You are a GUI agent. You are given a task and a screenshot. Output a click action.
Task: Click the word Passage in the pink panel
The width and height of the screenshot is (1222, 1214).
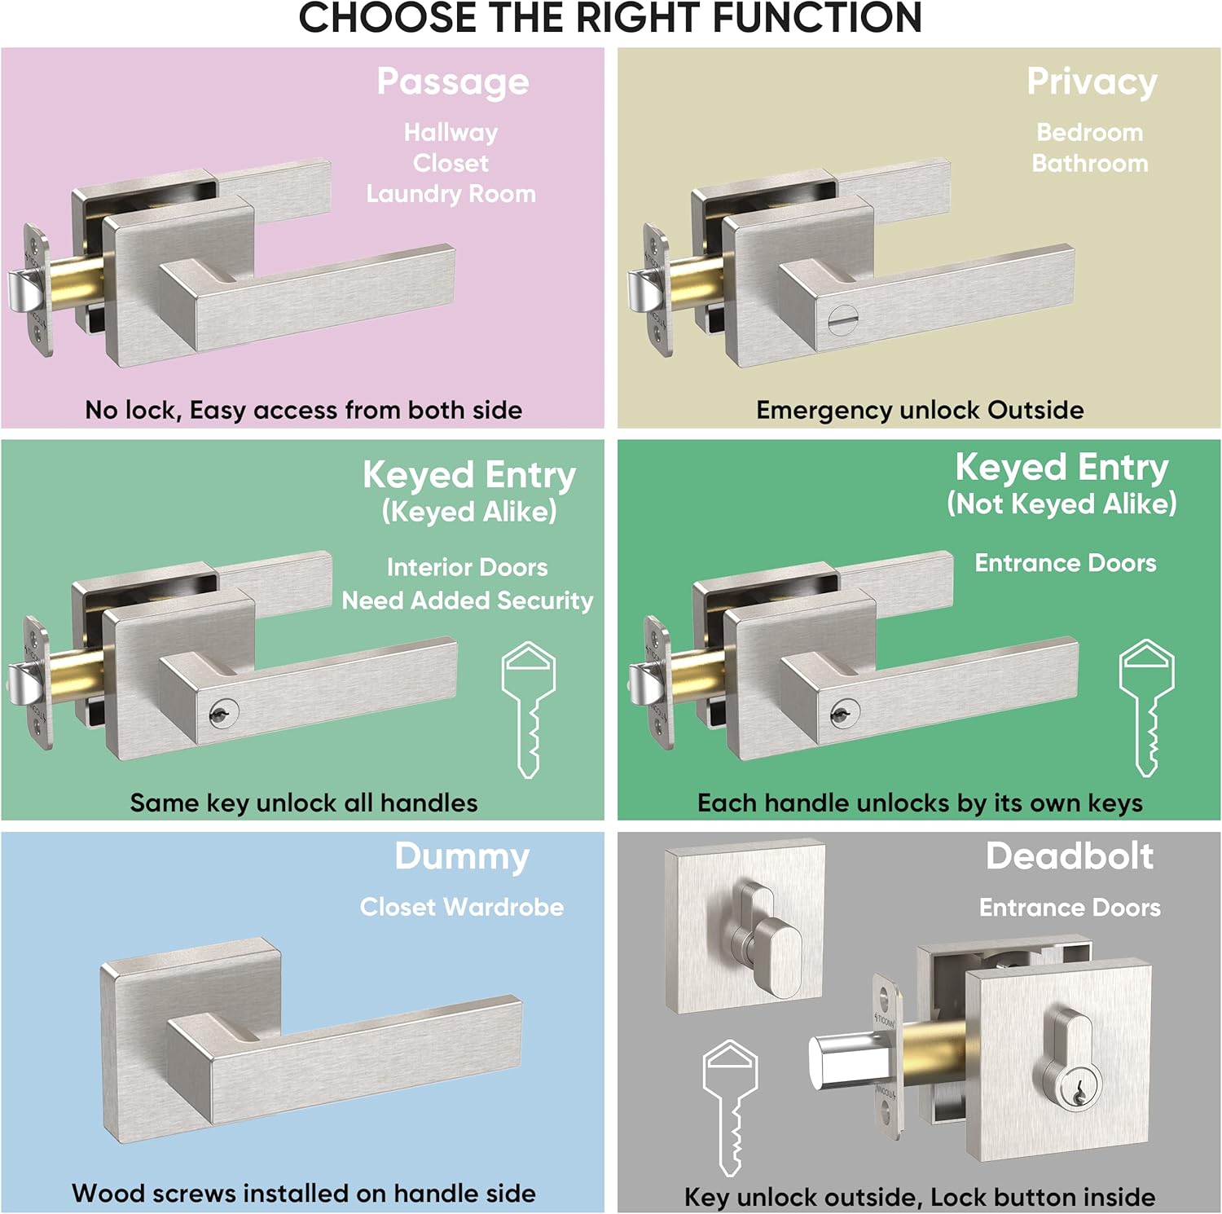pyautogui.click(x=453, y=82)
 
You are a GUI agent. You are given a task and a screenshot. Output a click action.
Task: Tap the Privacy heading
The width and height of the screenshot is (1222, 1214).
pyautogui.click(x=1092, y=82)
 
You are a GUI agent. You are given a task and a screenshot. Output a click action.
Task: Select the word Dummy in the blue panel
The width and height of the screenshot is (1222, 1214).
pyautogui.click(x=462, y=857)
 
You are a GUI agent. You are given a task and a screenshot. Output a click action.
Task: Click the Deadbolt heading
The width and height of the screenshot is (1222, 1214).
pyautogui.click(x=1070, y=856)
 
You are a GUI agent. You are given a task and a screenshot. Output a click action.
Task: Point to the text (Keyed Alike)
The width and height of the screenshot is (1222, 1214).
pyautogui.click(x=469, y=512)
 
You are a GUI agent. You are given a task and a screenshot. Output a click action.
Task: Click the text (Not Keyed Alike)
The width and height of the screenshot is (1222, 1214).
pyautogui.click(x=1062, y=504)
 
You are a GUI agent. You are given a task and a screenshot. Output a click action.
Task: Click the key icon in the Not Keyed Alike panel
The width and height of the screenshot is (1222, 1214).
pyautogui.click(x=1147, y=707)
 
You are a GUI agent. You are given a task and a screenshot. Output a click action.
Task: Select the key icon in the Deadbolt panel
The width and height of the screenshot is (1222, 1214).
pyautogui.click(x=731, y=1107)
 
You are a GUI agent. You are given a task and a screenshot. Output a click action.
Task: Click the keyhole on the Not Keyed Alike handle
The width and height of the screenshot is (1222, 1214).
pyautogui.click(x=843, y=714)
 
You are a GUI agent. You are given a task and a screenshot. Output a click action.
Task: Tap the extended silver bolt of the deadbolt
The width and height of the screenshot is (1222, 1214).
pyautogui.click(x=842, y=1062)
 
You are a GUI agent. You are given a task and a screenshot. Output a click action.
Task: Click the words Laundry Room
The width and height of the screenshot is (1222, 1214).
pyautogui.click(x=451, y=194)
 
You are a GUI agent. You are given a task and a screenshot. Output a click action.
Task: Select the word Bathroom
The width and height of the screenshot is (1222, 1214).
pyautogui.click(x=1090, y=163)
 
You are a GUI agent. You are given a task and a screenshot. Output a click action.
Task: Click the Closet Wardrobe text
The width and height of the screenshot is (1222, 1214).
pyautogui.click(x=462, y=907)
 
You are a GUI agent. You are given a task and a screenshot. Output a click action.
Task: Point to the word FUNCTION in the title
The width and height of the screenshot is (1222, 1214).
pyautogui.click(x=817, y=18)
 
